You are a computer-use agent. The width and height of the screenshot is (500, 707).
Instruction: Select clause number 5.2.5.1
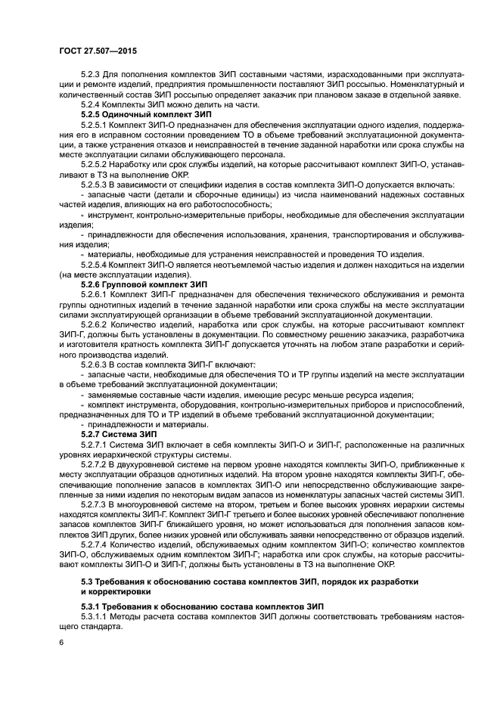tap(95, 122)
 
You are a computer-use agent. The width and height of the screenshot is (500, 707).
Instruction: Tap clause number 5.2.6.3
tap(95, 364)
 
